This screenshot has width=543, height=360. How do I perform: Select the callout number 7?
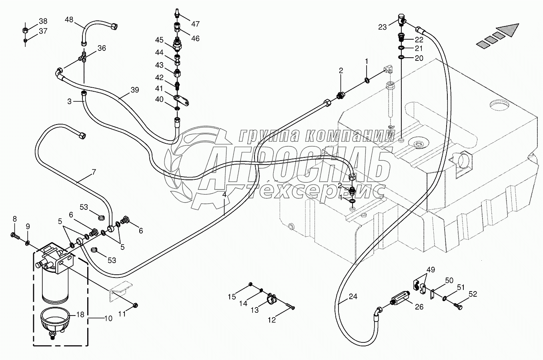[x=94, y=173]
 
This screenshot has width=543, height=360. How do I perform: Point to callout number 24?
[x=353, y=297]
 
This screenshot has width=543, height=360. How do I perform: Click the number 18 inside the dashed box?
[x=81, y=314]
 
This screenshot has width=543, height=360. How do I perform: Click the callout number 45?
[x=159, y=40]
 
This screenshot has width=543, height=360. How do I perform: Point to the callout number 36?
[x=102, y=48]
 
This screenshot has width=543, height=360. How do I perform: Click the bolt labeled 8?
[x=15, y=235]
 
